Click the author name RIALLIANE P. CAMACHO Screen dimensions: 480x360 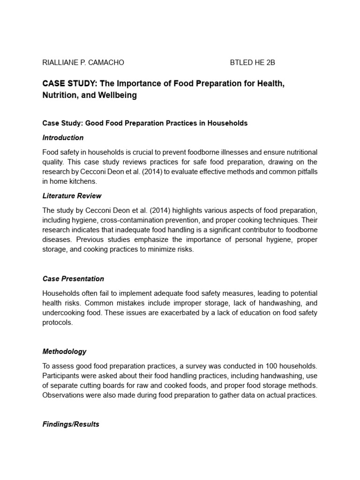point(83,62)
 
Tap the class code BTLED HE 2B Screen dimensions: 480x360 point(256,62)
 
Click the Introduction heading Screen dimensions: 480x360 point(63,138)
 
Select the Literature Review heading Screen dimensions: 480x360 point(72,195)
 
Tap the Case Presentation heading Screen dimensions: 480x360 point(73,278)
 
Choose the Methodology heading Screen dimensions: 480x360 point(64,351)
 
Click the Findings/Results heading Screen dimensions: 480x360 point(71,424)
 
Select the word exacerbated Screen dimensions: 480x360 point(157,313)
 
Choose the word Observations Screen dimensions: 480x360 point(63,395)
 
